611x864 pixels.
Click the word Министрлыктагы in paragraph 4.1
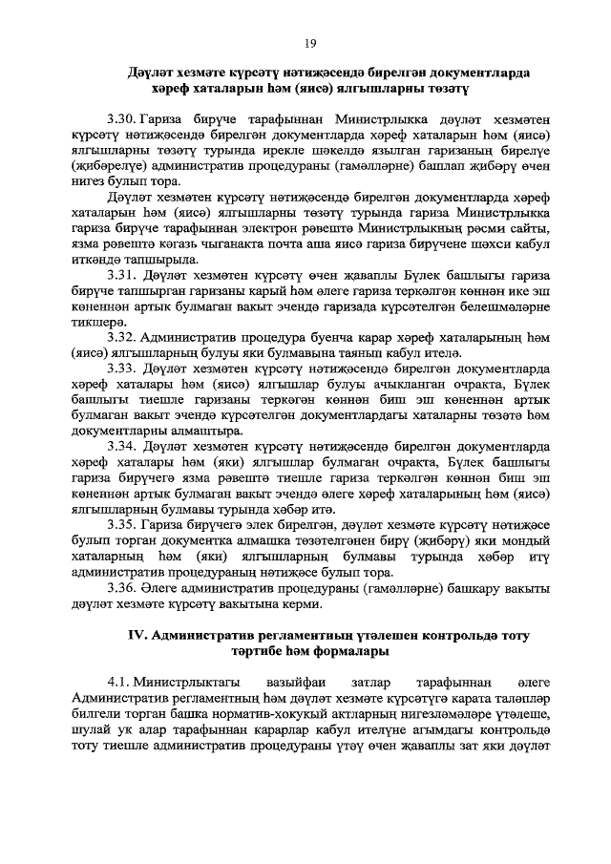pos(182,683)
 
